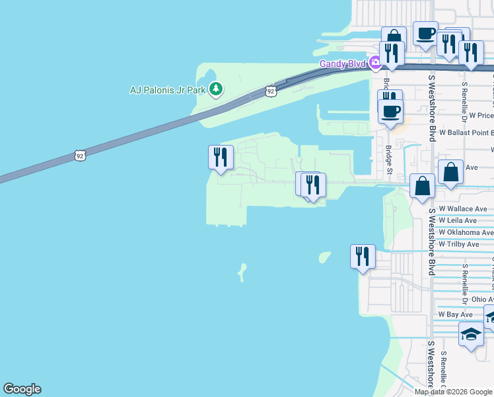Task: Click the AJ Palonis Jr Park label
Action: point(168,89)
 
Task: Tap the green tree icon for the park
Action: point(215,89)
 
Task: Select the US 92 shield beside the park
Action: point(271,90)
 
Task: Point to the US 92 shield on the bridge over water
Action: point(80,156)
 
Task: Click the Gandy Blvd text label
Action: point(343,64)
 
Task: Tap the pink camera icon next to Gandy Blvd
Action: point(375,63)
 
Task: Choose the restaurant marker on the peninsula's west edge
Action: point(221,158)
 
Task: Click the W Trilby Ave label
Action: point(459,244)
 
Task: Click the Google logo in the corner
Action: point(22,389)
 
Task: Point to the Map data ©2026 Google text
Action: point(453,392)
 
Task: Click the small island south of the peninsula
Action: point(242,271)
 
